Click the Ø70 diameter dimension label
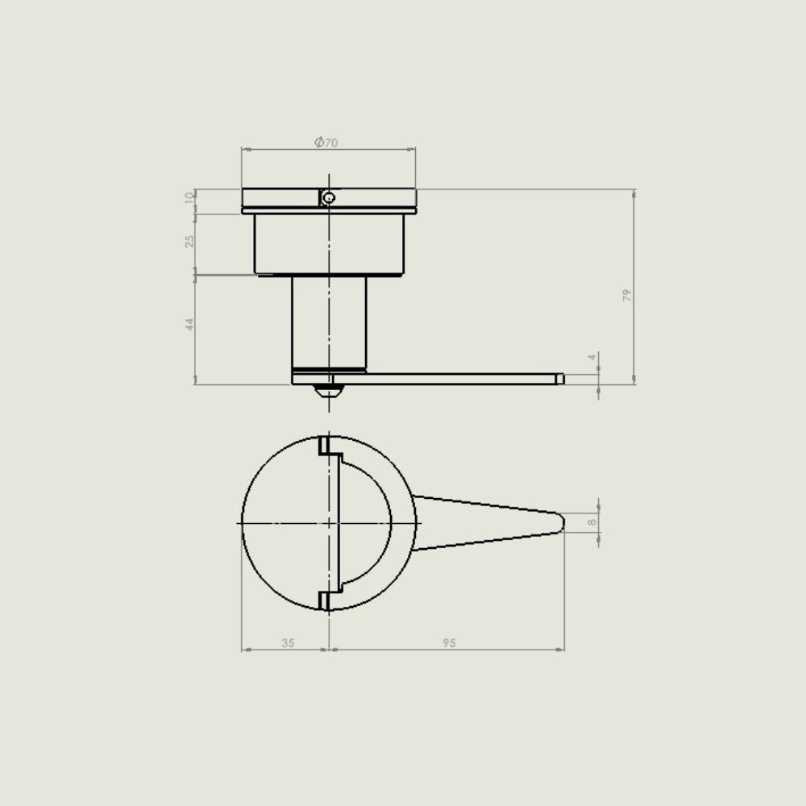coord(326,143)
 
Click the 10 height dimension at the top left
coord(190,197)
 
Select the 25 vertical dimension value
coord(190,241)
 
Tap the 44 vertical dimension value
coord(190,324)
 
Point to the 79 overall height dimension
coord(627,295)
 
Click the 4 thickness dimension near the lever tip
coord(592,357)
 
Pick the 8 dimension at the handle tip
coord(592,522)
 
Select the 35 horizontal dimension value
coord(288,643)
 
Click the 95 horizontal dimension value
coord(450,643)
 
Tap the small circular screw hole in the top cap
coord(329,197)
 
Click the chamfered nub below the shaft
coord(329,391)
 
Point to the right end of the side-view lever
coord(559,379)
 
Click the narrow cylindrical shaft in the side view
coord(329,322)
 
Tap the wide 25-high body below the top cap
coord(329,244)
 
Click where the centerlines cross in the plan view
coord(329,523)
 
